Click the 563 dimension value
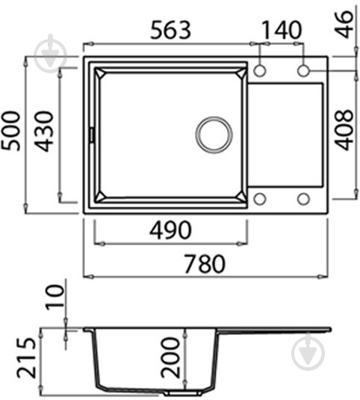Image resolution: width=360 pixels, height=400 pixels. click(171, 30)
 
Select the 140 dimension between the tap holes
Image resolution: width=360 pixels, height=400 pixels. click(282, 30)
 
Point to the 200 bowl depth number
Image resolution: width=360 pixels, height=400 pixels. click(171, 357)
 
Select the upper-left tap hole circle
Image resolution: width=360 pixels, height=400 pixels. click(261, 70)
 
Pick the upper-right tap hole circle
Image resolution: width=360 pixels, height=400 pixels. click(304, 70)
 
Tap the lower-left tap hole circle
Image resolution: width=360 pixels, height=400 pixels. click(261, 199)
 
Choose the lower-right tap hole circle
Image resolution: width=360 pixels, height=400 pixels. click(304, 199)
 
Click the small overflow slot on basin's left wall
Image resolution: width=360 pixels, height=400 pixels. click(92, 135)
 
